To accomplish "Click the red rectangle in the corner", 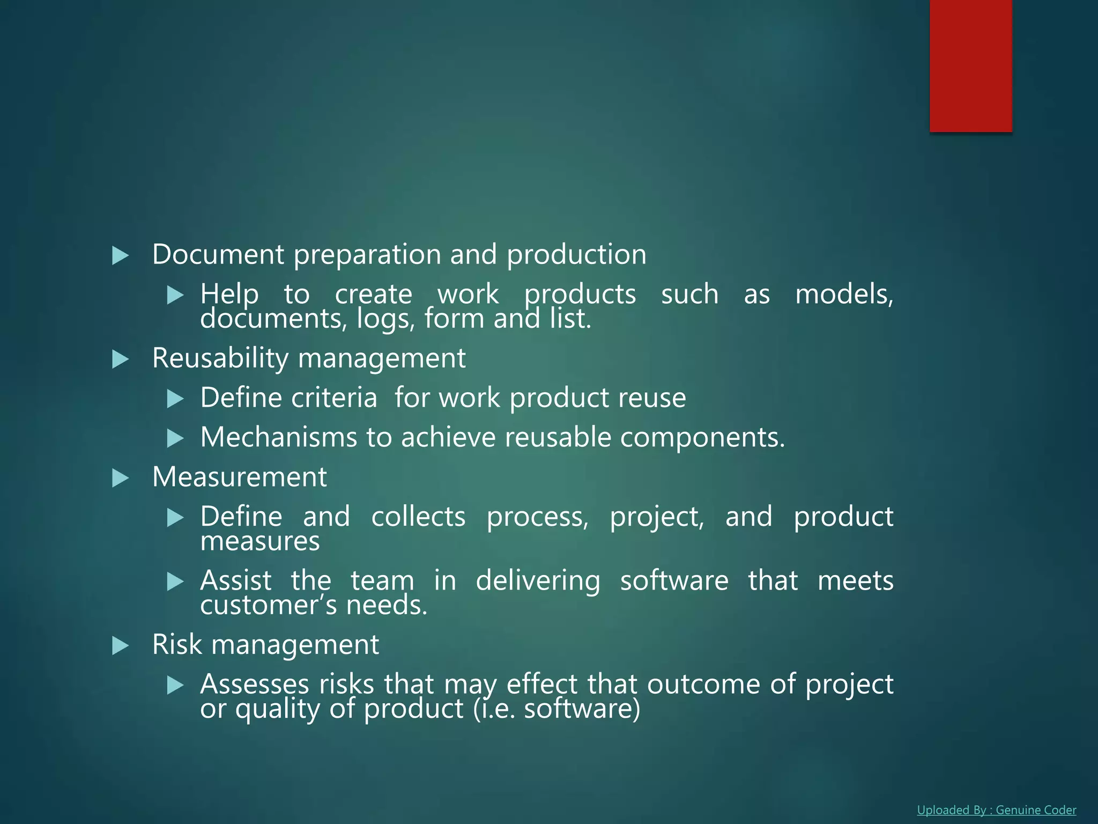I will pos(970,65).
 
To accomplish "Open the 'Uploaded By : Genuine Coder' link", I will pos(996,810).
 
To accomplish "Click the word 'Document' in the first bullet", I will pos(218,254).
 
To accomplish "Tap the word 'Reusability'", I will pos(220,358).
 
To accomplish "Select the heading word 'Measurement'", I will pos(239,477).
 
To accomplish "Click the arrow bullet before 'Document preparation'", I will pos(121,256).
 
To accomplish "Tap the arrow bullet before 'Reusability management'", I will pos(121,359).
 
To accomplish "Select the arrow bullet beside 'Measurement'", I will pos(121,478).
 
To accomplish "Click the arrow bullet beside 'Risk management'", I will pos(121,645).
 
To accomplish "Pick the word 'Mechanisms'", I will pos(278,437).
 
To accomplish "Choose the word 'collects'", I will pos(418,517).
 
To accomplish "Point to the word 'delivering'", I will pos(538,581).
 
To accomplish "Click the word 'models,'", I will pos(844,295).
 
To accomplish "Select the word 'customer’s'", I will pos(269,605).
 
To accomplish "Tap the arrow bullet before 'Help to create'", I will pos(175,295).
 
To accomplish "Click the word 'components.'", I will pos(702,438).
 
